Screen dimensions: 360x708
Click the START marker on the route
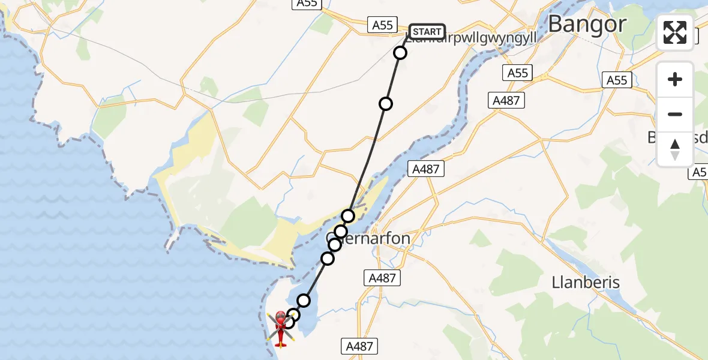pos(427,32)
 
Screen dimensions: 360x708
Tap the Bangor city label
pos(587,25)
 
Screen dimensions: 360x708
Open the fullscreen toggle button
pos(675,32)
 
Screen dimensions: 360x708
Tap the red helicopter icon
pos(280,328)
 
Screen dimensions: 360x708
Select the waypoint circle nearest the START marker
pos(400,53)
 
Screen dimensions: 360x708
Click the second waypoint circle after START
pos(386,104)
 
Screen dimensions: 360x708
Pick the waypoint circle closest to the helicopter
pos(289,322)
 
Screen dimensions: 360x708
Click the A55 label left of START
pos(382,25)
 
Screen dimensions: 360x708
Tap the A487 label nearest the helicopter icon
pos(360,346)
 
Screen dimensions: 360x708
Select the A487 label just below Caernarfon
pos(382,278)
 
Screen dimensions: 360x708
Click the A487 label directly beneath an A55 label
pos(506,101)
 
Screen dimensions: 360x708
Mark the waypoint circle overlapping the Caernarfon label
pos(335,244)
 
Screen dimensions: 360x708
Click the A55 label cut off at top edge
pos(307,4)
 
